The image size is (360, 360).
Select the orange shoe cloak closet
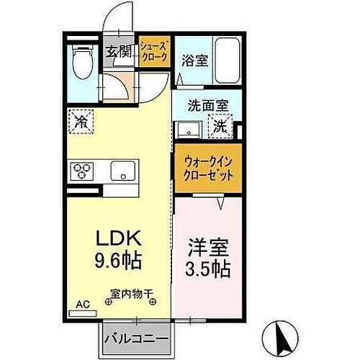coord(154,52)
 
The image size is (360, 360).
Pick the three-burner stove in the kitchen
coord(81,171)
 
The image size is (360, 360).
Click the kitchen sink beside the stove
coord(122,172)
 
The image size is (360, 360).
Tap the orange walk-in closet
coord(206,169)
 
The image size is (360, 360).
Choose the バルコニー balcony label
coord(135,339)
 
